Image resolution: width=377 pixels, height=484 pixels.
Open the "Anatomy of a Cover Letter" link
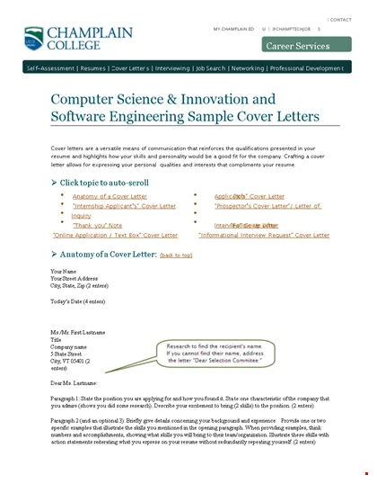111,195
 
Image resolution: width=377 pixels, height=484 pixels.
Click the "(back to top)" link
176,255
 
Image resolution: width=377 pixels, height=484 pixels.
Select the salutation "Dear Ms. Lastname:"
74,383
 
